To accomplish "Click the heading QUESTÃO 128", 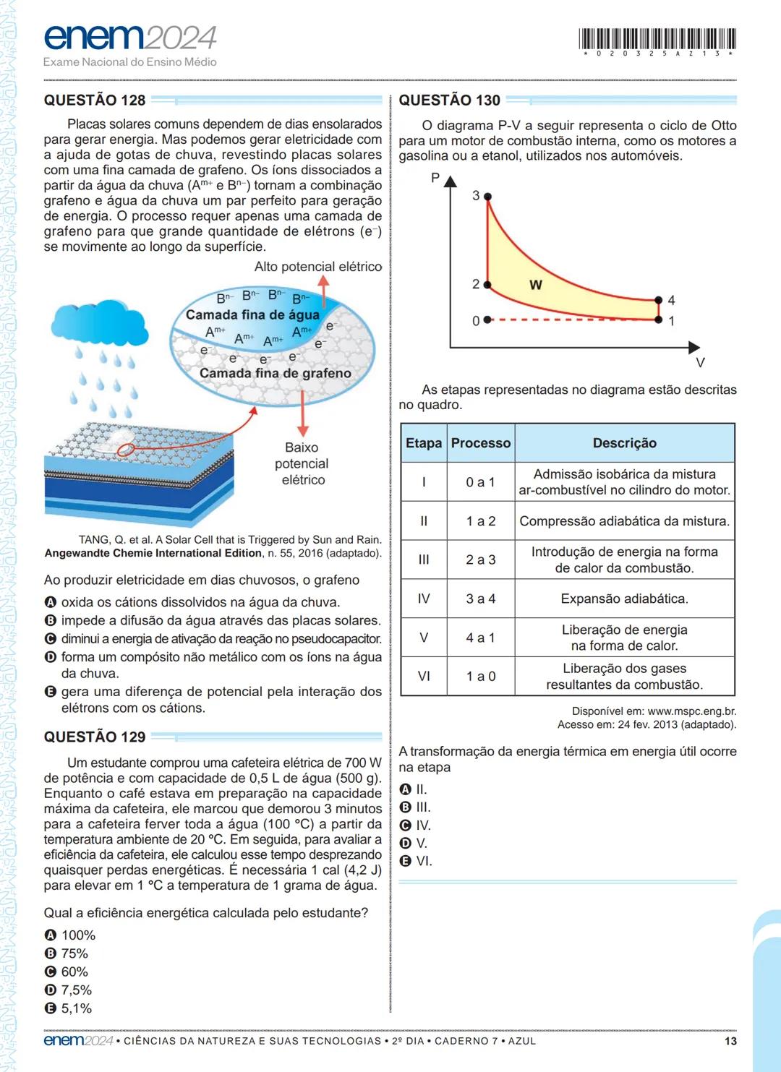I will point(95,100).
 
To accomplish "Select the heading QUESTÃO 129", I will point(95,737).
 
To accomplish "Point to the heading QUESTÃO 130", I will point(449,100).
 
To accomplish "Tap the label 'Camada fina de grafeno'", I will point(275,373).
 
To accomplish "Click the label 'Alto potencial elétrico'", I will point(317,267).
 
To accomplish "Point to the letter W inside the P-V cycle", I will point(535,285).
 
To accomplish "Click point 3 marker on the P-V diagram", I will point(487,197).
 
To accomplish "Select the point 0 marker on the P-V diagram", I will point(487,320).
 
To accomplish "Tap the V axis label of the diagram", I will point(699,362).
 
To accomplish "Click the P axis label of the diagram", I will point(435,178).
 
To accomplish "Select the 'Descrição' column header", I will point(624,443).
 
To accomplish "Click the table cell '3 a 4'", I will point(480,599).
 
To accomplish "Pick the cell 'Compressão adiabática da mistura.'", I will point(624,521).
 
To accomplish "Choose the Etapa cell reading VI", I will point(423,676).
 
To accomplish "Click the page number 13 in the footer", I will point(730,1041).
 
